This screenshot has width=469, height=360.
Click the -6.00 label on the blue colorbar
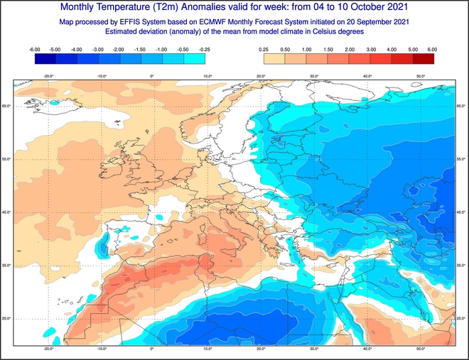34,50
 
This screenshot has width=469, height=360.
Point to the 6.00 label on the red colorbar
432,50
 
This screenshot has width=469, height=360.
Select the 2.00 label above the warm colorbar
350,50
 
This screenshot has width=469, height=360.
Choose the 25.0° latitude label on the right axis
461,318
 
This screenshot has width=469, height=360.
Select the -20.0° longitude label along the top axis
48,76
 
